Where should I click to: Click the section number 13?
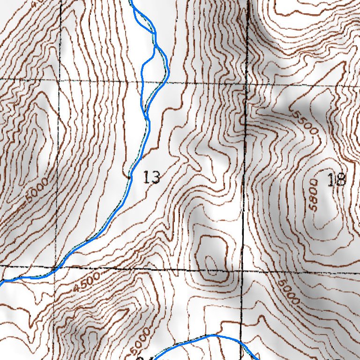pyautogui.click(x=152, y=178)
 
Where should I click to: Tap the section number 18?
pyautogui.click(x=337, y=180)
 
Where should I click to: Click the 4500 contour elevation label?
pyautogui.click(x=87, y=284)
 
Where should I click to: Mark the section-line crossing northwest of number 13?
pyautogui.click(x=60, y=80)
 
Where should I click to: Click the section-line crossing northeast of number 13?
pyautogui.click(x=247, y=83)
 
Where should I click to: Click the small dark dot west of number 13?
pyautogui.click(x=128, y=177)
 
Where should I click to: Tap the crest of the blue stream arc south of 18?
pyautogui.click(x=213, y=335)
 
